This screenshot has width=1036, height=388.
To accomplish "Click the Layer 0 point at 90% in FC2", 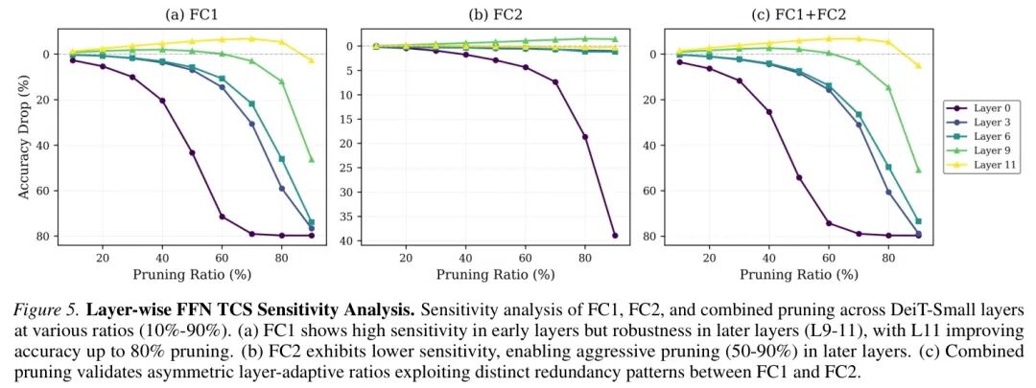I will pyautogui.click(x=615, y=236).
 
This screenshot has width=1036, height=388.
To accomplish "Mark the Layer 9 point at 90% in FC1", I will pyautogui.click(x=311, y=159).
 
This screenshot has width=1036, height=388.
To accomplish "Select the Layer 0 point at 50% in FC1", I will pyautogui.click(x=192, y=152).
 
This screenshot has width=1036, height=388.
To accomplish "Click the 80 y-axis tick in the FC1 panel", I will pyautogui.click(x=44, y=236).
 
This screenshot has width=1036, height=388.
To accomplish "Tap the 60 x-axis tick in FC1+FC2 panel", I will pyautogui.click(x=829, y=257).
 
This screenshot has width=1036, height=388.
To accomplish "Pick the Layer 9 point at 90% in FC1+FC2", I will pyautogui.click(x=918, y=170).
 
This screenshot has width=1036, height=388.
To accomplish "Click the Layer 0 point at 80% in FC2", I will pyautogui.click(x=585, y=137).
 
